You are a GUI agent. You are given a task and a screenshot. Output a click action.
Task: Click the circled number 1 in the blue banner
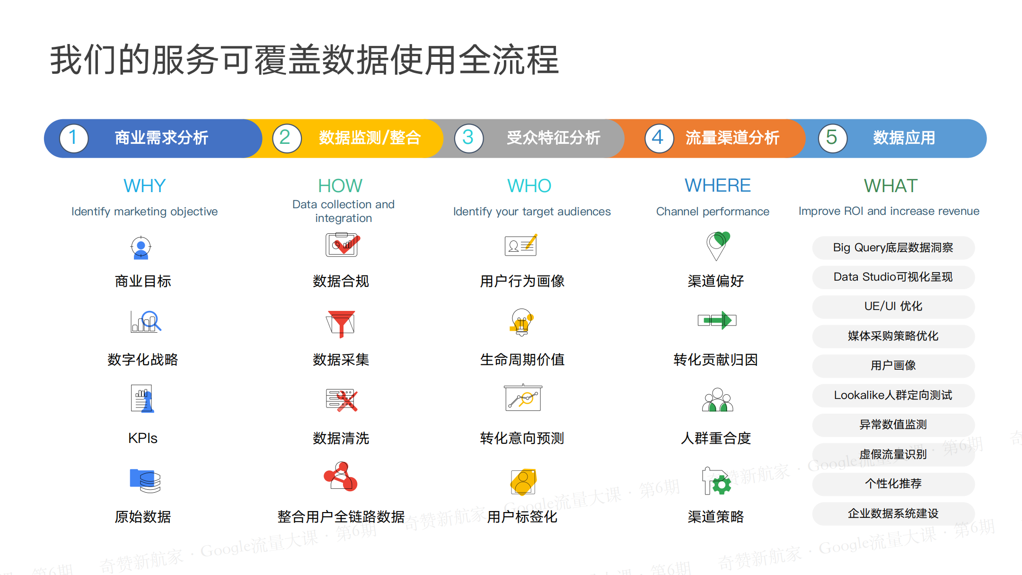tap(74, 138)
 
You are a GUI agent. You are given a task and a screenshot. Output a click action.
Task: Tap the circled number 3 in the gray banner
tap(468, 138)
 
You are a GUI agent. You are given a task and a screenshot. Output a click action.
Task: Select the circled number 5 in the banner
tap(832, 138)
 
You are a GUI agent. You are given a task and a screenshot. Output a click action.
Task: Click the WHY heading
tap(144, 186)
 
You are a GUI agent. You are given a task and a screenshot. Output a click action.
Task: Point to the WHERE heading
tap(717, 186)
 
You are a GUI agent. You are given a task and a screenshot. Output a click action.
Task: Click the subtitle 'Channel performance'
tap(713, 212)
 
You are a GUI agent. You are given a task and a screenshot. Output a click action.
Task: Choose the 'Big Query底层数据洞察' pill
tap(893, 248)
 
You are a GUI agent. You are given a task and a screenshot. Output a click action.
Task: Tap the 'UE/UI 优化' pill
tap(893, 307)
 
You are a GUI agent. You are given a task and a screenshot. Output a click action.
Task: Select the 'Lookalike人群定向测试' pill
tap(893, 395)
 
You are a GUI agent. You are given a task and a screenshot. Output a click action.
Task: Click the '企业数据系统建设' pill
tap(893, 513)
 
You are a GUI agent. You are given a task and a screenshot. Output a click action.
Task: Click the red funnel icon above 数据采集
tap(341, 324)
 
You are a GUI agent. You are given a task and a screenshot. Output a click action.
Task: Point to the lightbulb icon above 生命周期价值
tap(522, 322)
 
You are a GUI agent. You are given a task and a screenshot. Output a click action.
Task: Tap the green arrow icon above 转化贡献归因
tap(717, 320)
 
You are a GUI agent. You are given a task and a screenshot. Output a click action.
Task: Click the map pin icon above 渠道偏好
tap(717, 246)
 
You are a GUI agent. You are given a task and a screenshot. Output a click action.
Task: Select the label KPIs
tap(143, 438)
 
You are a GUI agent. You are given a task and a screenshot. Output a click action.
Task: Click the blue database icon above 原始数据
tap(145, 481)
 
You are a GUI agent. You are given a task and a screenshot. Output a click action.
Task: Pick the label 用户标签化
tap(522, 517)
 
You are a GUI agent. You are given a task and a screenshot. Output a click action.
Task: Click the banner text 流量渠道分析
tap(732, 138)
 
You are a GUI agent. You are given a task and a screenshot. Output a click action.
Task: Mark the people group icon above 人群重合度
tap(717, 400)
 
